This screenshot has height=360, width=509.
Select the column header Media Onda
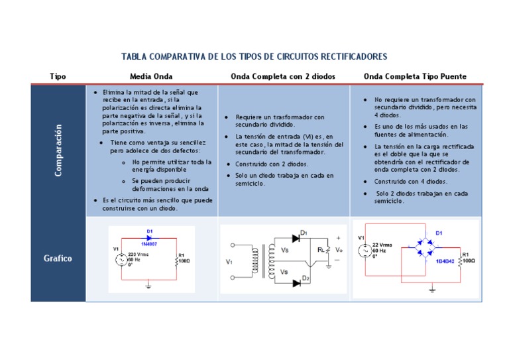(151, 77)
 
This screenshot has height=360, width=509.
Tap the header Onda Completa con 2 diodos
(283, 77)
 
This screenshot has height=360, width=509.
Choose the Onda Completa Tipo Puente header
(415, 77)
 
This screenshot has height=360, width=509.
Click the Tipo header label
(58, 77)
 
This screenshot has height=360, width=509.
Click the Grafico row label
(58, 258)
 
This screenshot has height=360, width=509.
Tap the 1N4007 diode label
(150, 245)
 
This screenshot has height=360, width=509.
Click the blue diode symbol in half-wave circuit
(150, 238)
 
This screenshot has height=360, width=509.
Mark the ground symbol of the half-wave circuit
(149, 286)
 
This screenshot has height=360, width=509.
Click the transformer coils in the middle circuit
(260, 263)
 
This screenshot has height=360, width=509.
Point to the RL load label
(322, 250)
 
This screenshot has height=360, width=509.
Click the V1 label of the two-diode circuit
(229, 262)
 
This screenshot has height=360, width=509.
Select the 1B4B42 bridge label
(445, 262)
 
